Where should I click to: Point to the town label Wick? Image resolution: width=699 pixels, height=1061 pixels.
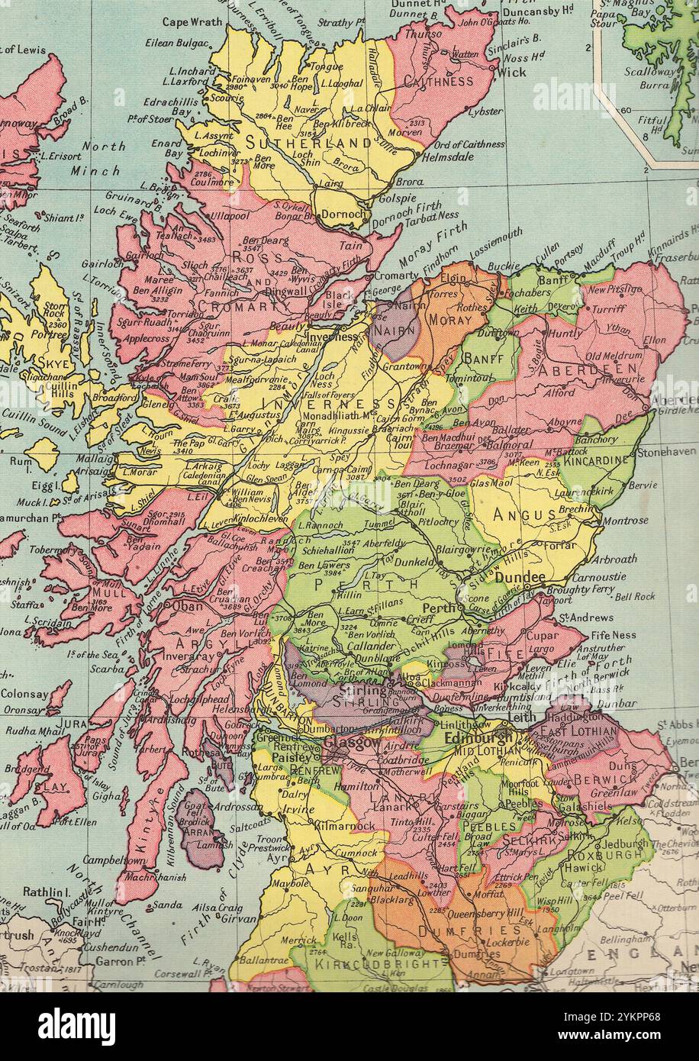(511, 73)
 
